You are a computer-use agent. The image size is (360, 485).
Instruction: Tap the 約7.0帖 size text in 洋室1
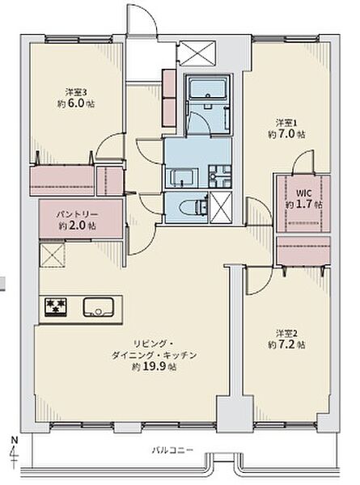click(289, 135)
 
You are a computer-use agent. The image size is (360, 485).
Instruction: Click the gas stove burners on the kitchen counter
click(55, 306)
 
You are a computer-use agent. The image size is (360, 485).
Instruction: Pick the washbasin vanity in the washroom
click(179, 177)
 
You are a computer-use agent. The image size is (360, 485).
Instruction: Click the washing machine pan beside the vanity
click(218, 175)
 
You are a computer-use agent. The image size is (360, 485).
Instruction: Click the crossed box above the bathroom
click(198, 53)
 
